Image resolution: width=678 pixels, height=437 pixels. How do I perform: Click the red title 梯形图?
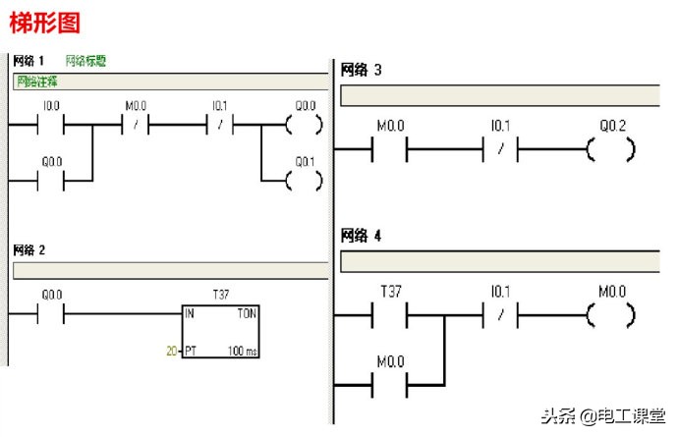click(44, 22)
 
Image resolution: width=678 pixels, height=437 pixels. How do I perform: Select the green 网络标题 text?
click(85, 61)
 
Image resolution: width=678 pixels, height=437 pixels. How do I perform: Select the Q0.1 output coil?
click(305, 181)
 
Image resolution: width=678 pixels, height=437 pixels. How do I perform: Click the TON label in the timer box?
click(246, 314)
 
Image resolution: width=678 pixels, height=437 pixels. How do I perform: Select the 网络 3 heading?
click(361, 70)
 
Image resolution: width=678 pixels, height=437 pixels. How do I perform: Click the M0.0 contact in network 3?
click(390, 150)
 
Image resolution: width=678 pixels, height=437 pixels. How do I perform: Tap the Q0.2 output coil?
click(610, 150)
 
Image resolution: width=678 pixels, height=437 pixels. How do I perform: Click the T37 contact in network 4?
click(390, 315)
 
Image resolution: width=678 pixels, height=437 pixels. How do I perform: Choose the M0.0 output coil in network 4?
click(610, 315)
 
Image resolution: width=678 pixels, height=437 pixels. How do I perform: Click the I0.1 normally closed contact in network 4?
click(500, 315)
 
